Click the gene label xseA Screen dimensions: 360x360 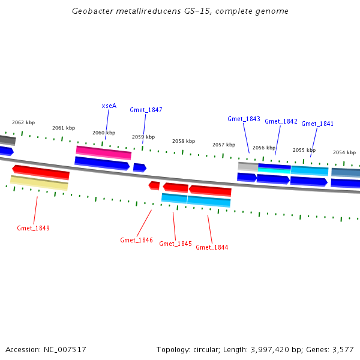pos(109,106)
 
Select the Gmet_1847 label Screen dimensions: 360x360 pos(146,110)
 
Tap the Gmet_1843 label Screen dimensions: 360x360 pos(244,119)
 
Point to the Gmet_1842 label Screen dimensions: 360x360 pos(281,121)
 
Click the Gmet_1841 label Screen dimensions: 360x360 pos(317,124)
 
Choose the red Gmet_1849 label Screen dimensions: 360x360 pos(33,228)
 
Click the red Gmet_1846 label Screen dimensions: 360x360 pos(136,240)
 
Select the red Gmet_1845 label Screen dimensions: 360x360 pos(176,244)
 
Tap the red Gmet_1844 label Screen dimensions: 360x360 pos(212,247)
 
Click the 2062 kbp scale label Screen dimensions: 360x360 pos(23,122)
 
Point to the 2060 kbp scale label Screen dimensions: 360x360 pos(103,133)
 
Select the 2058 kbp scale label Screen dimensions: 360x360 pos(184,141)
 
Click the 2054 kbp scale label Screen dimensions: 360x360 pos(344,152)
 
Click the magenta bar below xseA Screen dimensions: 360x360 pos(103,152)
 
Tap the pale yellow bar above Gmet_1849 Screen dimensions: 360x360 pos(39,183)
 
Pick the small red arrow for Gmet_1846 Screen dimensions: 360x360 pos(154,185)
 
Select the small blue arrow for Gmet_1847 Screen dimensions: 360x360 pos(139,167)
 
